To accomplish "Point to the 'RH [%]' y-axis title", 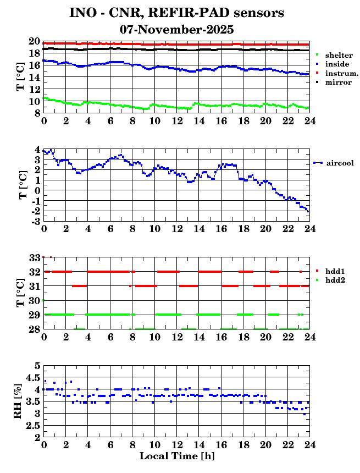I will click(18, 401).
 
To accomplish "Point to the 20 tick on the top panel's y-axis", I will click(34, 42).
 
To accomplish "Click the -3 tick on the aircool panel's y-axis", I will click(35, 221).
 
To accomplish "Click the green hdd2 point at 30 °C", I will click(43, 300).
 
